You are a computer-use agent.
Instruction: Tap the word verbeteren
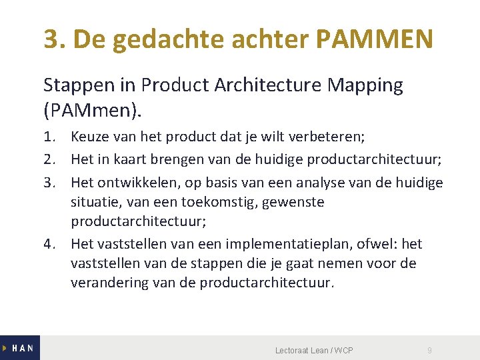329,138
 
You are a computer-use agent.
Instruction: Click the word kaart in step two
132,160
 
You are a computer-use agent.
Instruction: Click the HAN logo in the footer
20,348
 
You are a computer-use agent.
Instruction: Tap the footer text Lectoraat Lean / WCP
314,351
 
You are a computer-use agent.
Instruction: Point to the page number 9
430,351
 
